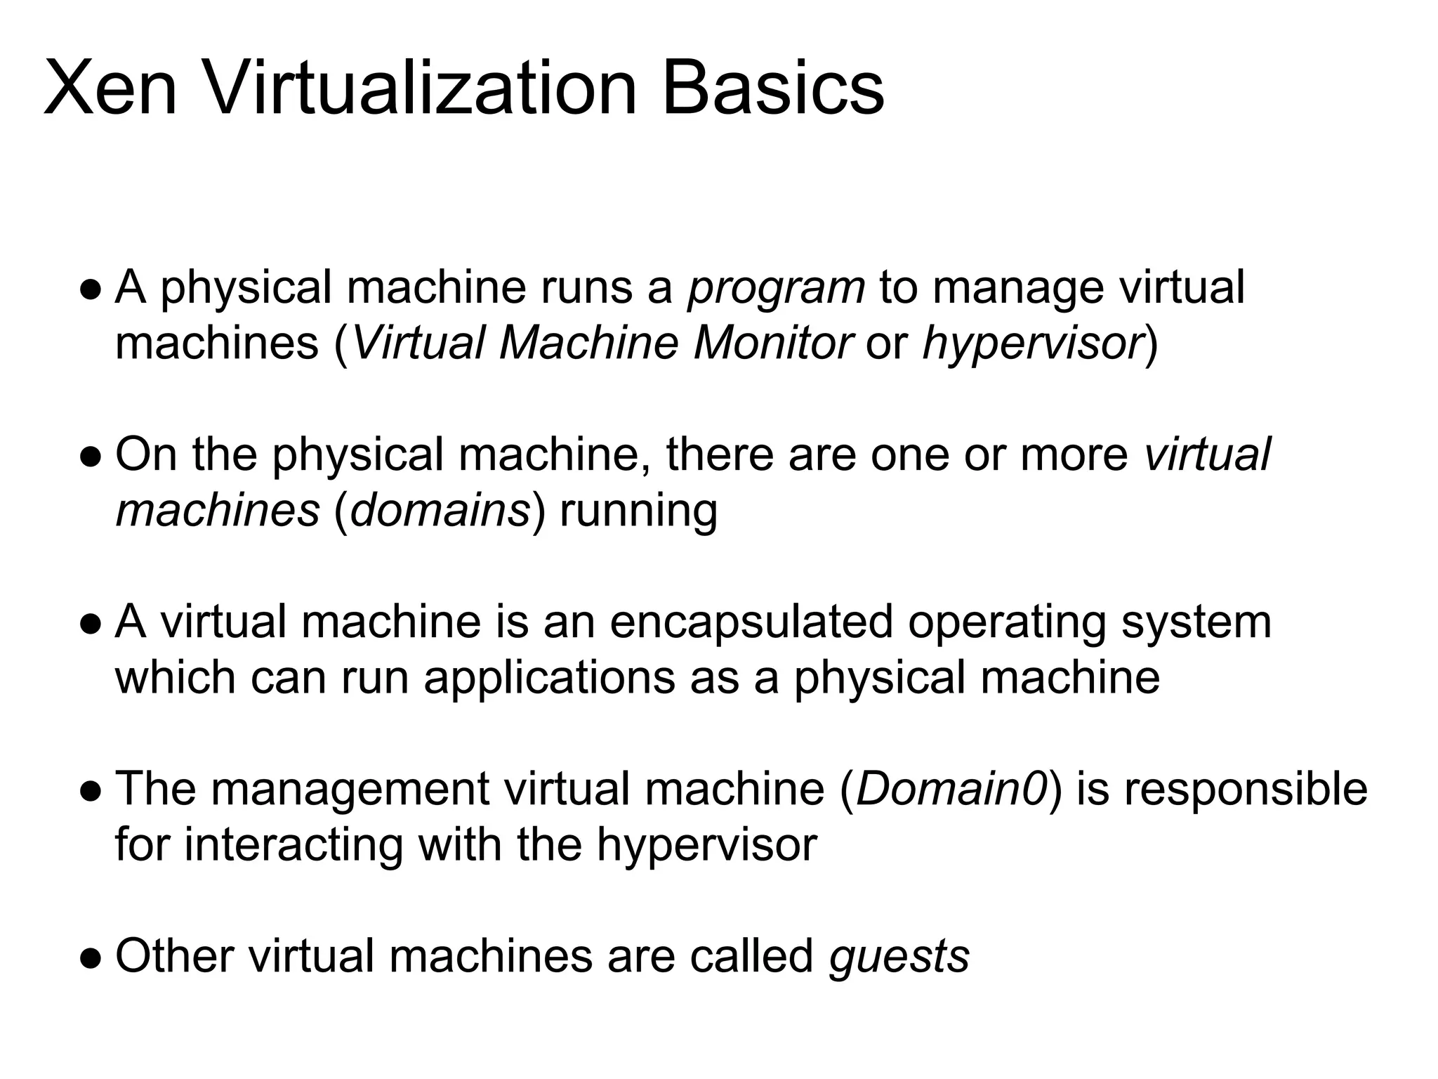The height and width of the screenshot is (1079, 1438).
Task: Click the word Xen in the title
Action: [110, 89]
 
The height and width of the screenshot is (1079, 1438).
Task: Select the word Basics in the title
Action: [773, 89]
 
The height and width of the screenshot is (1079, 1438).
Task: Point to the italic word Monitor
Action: [773, 344]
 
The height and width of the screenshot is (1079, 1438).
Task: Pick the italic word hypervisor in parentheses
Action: [1033, 345]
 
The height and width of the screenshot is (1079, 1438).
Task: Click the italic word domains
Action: [440, 510]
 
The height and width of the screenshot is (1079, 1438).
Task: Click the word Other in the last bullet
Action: [173, 956]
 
